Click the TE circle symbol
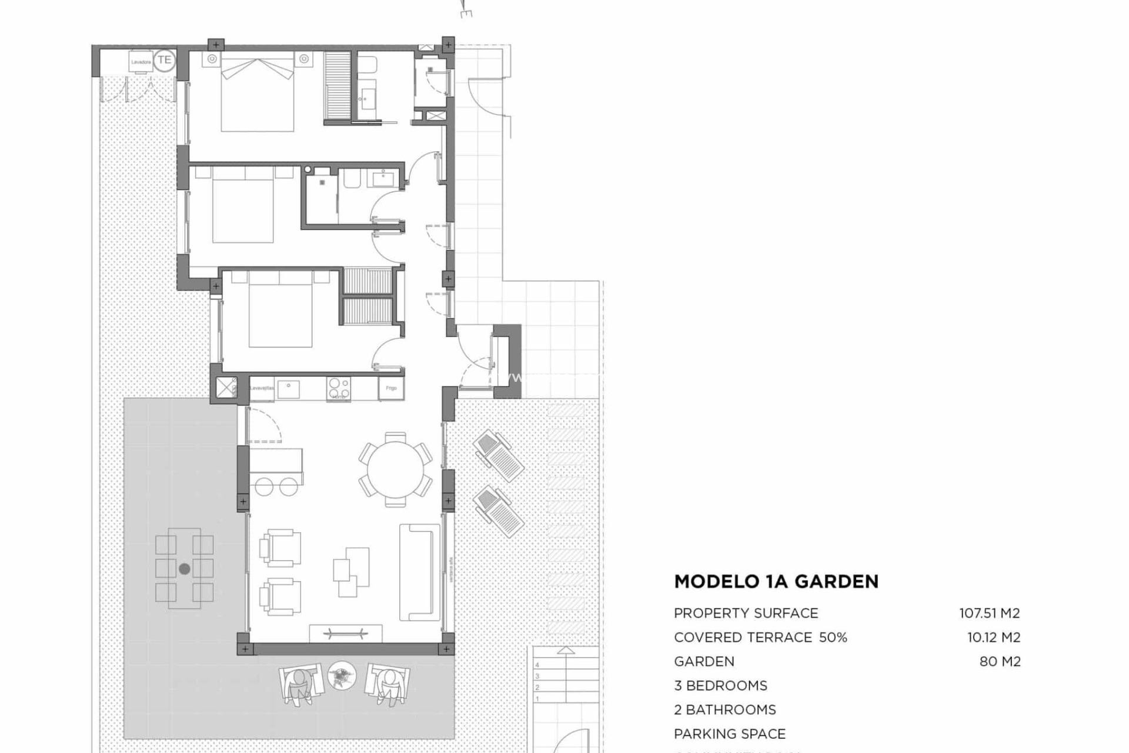coord(164,60)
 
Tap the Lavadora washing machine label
coord(141,62)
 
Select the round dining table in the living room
coord(395,469)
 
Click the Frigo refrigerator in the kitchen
coord(391,388)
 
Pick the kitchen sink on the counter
coord(288,389)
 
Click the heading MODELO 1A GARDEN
coord(776,581)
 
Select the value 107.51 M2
coord(990,613)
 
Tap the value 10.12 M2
coord(994,637)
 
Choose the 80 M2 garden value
coord(1000,661)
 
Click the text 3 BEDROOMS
coord(720,685)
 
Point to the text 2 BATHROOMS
coord(724,709)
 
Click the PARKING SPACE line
coord(730,734)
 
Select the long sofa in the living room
coord(419,572)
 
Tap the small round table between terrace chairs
coord(342,676)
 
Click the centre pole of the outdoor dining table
coord(184,569)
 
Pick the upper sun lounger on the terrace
coord(498,455)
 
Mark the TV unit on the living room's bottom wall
coord(346,634)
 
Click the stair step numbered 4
coord(537,665)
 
